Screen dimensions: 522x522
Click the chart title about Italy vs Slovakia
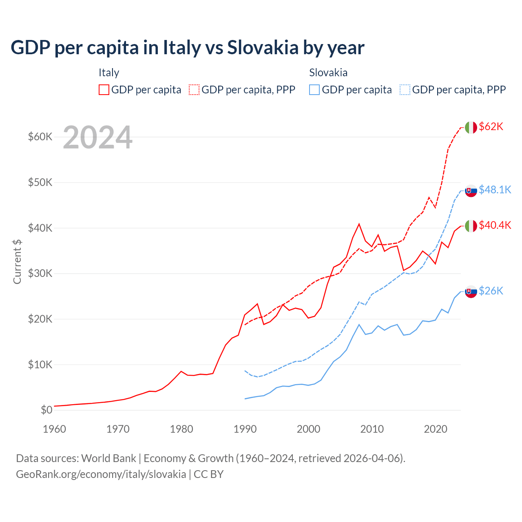pos(188,48)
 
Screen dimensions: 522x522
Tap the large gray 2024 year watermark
pos(97,138)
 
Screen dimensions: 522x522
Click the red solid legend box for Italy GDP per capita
pos(104,90)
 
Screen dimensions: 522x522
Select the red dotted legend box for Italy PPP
pos(194,90)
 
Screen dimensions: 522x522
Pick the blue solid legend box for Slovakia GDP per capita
pos(314,90)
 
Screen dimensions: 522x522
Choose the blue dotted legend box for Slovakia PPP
pos(405,90)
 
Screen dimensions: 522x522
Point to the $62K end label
pos(491,127)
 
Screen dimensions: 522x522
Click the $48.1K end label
pos(495,190)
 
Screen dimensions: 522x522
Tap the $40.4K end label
pos(495,225)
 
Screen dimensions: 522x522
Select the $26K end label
pos(491,291)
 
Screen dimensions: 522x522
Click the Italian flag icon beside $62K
pos(471,128)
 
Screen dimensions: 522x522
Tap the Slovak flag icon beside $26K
pos(471,292)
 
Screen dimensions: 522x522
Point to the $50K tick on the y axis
pos(40,182)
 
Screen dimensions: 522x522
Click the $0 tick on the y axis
pos(46,410)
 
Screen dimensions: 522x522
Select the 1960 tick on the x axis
pos(54,429)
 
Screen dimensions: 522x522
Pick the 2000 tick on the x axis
pos(308,429)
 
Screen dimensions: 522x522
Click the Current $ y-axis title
pos(17,261)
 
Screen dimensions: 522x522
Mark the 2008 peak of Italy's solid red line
pos(359,224)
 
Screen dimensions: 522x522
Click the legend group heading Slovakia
pos(328,73)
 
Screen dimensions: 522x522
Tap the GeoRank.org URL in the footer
pos(101,474)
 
